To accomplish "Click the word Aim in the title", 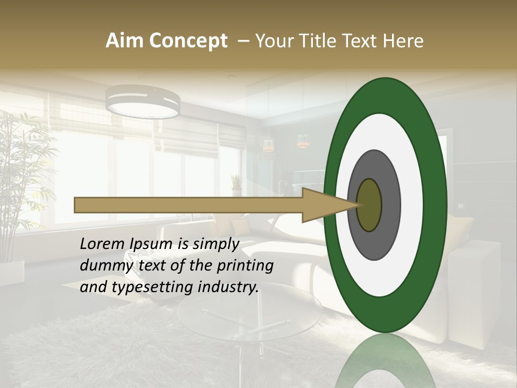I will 125,41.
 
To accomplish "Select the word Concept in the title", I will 188,41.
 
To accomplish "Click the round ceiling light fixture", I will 143,101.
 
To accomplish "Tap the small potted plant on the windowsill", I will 236,184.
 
